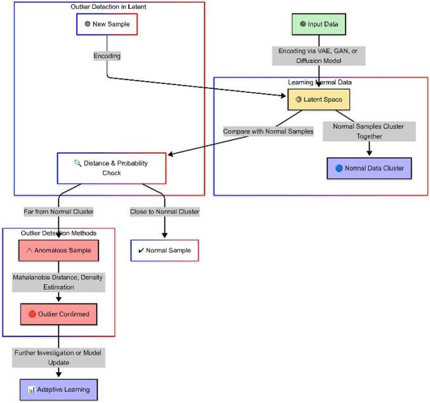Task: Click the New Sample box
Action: click(x=106, y=24)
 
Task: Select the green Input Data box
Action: click(x=319, y=24)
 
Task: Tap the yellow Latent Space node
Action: click(x=319, y=100)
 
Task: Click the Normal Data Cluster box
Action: click(x=369, y=168)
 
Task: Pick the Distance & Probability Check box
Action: click(x=111, y=168)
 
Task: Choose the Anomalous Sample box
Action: click(x=58, y=251)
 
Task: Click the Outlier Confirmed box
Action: click(x=58, y=314)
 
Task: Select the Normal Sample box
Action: click(x=165, y=251)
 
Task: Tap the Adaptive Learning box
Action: click(x=58, y=389)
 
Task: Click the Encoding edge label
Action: click(x=106, y=56)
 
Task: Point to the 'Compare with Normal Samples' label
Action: click(x=268, y=131)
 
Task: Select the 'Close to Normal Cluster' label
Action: click(x=165, y=211)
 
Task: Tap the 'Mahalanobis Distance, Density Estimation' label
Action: click(x=58, y=282)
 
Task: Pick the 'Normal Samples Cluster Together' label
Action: click(x=369, y=131)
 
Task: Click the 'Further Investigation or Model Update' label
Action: click(x=58, y=357)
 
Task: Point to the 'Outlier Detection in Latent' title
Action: click(x=109, y=6)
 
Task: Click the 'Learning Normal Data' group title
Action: click(x=320, y=83)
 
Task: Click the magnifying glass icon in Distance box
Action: click(x=78, y=163)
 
